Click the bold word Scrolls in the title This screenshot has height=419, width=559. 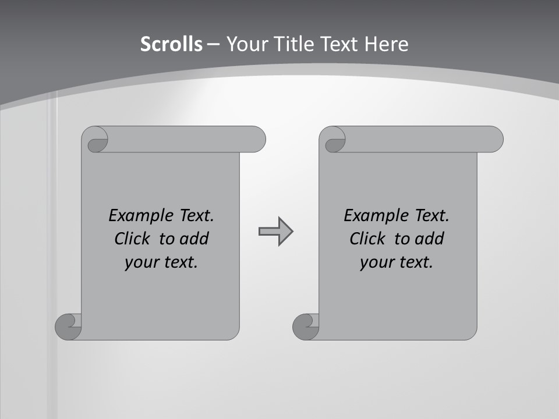point(172,44)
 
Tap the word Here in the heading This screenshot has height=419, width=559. point(387,44)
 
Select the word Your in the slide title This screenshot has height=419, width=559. point(246,44)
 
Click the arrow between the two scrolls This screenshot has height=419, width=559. point(275,232)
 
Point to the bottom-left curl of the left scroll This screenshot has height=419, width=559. point(69,326)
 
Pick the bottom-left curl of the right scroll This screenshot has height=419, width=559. point(306,326)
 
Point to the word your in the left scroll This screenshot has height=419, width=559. point(140,262)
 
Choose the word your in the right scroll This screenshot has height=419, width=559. point(376,262)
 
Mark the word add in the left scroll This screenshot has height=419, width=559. point(195,239)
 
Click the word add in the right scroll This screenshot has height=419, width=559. point(430,239)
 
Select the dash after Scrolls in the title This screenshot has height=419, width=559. point(214,44)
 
